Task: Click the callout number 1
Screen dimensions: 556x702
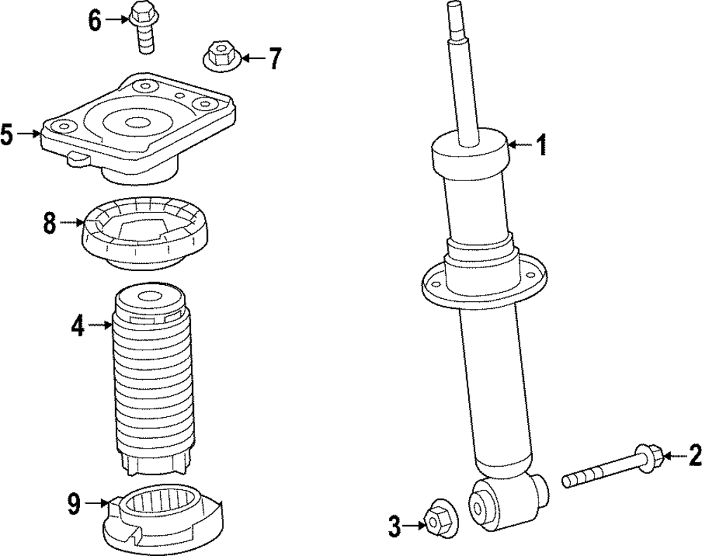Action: [541, 145]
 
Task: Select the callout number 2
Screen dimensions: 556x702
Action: [694, 456]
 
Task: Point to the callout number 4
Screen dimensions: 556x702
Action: [77, 325]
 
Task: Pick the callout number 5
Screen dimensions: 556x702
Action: [7, 133]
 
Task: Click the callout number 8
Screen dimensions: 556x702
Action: [49, 223]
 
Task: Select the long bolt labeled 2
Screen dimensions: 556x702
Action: [611, 468]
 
